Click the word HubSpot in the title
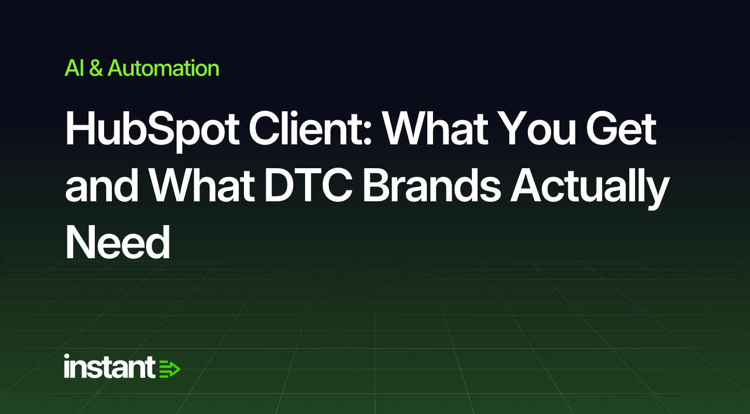152,130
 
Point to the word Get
621,129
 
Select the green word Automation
163,68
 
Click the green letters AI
74,68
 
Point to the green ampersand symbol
96,68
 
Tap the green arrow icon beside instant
169,369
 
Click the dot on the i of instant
67,356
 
